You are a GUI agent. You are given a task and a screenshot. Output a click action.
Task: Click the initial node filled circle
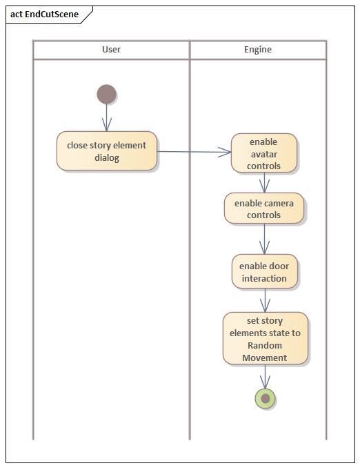coord(106,94)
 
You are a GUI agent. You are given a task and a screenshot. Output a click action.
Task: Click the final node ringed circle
coord(265,398)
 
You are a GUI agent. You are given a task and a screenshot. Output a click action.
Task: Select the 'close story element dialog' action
coord(107,151)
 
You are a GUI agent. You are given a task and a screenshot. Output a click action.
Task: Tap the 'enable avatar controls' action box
coord(264,153)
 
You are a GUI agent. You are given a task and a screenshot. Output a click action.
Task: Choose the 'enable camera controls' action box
coord(264,208)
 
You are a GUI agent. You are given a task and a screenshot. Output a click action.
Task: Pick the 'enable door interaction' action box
coord(264,272)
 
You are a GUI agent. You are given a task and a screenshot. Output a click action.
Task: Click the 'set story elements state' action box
coord(265,339)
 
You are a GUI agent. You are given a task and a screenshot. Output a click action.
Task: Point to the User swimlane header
coord(111,50)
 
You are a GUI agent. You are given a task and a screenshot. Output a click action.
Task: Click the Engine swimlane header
coord(258,50)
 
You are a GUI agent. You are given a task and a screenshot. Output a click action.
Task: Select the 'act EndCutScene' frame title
coord(44,14)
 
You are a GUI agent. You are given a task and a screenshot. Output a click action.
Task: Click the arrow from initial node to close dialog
coord(106,117)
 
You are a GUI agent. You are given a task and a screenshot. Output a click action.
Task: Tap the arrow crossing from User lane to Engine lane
coord(193,152)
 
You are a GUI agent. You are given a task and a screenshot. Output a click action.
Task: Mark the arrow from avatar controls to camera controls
coord(264,183)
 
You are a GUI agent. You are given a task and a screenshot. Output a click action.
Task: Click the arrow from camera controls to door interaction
coord(264,240)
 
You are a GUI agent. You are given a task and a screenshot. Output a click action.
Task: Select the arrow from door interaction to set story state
coord(265,300)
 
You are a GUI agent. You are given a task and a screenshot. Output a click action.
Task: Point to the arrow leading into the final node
coord(265,376)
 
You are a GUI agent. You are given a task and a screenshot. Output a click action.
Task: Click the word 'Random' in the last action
coord(265,345)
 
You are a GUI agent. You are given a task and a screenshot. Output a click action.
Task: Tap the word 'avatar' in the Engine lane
coord(264,154)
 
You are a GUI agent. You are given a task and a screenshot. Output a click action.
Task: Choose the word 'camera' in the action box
coord(279,203)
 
